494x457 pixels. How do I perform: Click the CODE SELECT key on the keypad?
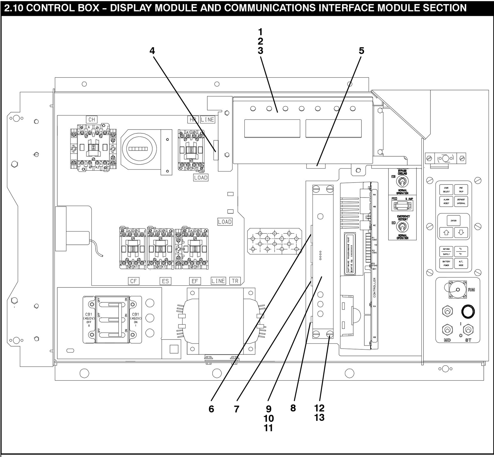click(x=446, y=190)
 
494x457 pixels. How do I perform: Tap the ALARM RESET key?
click(x=446, y=201)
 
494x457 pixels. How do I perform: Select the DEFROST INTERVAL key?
click(x=461, y=201)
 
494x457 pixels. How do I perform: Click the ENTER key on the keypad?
click(x=453, y=221)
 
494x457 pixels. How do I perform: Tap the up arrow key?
click(x=446, y=233)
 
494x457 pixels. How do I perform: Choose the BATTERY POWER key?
click(x=446, y=263)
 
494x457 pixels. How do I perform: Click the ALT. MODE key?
click(x=461, y=263)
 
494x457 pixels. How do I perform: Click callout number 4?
click(x=152, y=51)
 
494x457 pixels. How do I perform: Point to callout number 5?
click(x=361, y=51)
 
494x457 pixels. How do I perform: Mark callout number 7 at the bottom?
click(x=237, y=409)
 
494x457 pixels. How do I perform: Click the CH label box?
click(x=91, y=119)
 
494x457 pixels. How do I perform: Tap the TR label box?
click(x=235, y=281)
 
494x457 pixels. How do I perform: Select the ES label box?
click(x=166, y=281)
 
